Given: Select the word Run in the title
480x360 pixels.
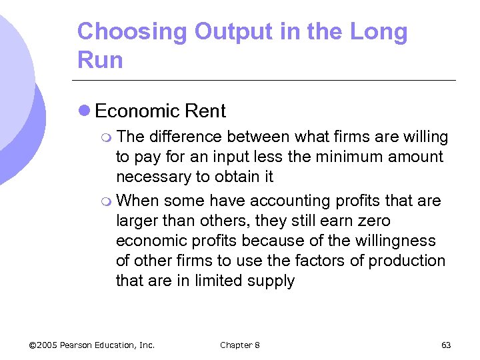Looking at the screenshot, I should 100,61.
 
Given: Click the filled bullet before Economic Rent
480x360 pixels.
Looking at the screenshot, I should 85,111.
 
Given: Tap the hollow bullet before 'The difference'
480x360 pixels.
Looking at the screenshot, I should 109,138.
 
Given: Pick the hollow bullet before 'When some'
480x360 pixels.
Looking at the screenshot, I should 109,201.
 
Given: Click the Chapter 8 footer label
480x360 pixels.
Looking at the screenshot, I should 240,345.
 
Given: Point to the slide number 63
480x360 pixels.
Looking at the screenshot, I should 446,345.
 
